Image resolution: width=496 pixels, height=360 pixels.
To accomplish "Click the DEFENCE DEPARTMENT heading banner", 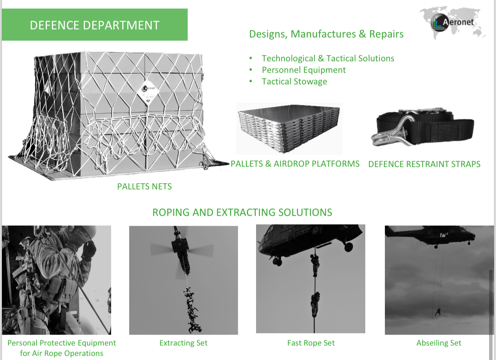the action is tap(95, 25).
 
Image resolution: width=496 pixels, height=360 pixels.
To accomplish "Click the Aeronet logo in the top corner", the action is tap(453, 23).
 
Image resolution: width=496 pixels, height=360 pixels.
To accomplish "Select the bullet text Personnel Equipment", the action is tap(304, 70).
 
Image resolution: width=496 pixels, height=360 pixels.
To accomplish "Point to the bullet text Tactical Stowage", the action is tap(294, 82).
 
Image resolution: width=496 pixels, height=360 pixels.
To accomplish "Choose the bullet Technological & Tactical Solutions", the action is tap(328, 58).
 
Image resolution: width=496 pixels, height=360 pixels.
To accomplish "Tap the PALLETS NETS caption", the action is tap(144, 187).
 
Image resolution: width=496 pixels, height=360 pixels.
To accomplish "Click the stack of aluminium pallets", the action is tap(289, 129).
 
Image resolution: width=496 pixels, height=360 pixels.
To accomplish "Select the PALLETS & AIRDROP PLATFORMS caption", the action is tap(295, 164).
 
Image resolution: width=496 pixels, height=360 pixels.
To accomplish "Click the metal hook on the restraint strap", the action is tap(390, 133).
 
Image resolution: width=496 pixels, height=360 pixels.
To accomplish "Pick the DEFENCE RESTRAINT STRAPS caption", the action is tap(424, 164).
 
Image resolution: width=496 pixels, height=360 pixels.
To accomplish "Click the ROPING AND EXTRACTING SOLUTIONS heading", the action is tap(242, 212).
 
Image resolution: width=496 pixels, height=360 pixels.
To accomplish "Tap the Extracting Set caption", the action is tap(183, 343).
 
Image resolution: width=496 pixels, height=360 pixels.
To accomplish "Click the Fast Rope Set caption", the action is tap(311, 343).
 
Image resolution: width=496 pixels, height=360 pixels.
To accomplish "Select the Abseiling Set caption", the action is tap(439, 343).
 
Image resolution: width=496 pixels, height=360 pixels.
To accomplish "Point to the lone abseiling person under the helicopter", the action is tap(438, 312).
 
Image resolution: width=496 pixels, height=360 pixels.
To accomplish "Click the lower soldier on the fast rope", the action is tap(315, 304).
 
